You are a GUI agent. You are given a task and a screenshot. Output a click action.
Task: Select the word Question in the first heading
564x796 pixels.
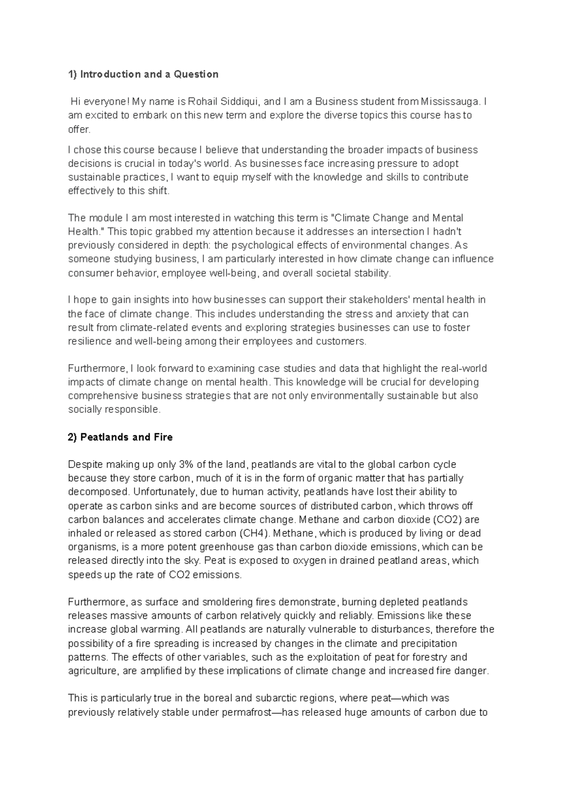[196, 74]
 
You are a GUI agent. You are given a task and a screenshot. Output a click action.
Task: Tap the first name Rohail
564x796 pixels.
[203, 101]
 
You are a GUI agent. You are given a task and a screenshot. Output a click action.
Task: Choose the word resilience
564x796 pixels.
[90, 341]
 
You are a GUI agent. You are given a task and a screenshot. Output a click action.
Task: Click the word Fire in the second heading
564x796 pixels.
[163, 437]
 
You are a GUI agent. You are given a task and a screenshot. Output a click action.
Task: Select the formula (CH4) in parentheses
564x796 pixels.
[254, 533]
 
